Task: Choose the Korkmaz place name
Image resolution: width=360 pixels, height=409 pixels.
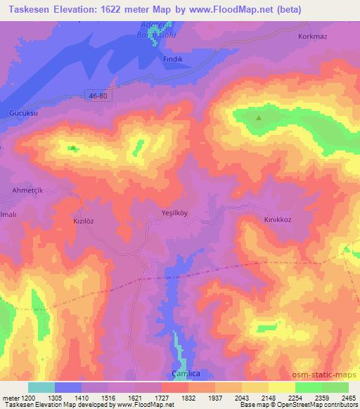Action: click(314, 36)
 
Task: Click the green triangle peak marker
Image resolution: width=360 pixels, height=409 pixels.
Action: click(259, 118)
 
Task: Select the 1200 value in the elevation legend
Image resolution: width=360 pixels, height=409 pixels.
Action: click(27, 398)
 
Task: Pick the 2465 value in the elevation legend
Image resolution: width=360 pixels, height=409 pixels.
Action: click(339, 398)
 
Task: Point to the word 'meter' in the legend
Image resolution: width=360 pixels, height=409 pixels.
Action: click(9, 398)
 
